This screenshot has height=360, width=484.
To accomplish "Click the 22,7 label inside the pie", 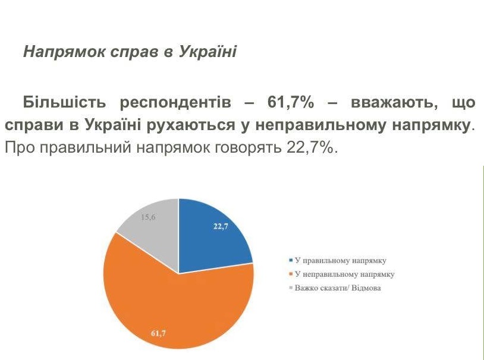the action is pos(221,226).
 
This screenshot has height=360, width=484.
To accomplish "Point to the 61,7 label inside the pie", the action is pos(158,333).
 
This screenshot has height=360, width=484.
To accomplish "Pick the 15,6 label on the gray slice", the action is pos(148,217).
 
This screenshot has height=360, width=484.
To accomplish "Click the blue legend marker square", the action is pos(291,261).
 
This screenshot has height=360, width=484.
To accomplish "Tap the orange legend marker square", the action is pos(291,274).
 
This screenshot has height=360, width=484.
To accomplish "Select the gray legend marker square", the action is pos(291,288).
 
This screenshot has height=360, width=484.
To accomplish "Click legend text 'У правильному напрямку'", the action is pos(341,261).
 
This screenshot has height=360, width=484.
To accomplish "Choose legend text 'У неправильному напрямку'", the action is pos(344,274).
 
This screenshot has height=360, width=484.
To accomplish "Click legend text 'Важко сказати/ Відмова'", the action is pos(338,288).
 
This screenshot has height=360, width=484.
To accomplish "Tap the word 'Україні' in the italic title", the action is pos(208,51).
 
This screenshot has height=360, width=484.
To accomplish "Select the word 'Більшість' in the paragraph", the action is pos(64,102).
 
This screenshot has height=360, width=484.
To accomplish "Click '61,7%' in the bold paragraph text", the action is pos(291,102).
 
